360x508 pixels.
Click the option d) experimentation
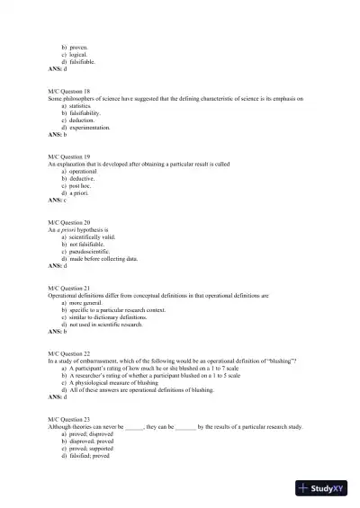[x=90, y=127]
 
